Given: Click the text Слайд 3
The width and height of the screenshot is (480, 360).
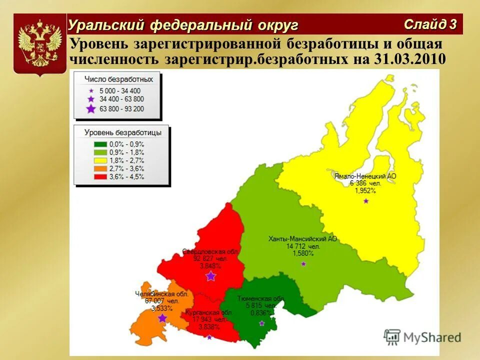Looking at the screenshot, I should [x=430, y=24].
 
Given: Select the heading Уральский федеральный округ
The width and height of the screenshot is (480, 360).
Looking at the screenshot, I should [x=183, y=24].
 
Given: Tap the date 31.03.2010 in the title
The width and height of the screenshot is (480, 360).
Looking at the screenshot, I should [x=409, y=59].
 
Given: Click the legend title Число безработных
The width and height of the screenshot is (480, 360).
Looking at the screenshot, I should [x=118, y=79].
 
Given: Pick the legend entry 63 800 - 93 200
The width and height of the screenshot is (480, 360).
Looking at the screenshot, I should [x=121, y=108].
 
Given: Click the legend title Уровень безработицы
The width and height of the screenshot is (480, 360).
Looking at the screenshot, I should [x=122, y=132].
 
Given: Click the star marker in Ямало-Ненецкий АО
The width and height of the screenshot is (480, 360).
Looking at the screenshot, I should [x=366, y=200].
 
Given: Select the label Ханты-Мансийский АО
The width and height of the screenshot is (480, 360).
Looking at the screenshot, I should [x=302, y=239].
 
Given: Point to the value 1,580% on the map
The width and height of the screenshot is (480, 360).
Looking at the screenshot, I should [x=303, y=253].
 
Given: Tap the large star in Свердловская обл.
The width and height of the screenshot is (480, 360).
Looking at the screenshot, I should [x=211, y=276].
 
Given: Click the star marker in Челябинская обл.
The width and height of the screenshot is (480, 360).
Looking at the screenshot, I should [x=162, y=318].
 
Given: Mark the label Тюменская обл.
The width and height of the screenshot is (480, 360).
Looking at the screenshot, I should [x=260, y=298].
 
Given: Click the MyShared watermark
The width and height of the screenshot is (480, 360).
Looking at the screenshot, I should [x=422, y=336].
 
